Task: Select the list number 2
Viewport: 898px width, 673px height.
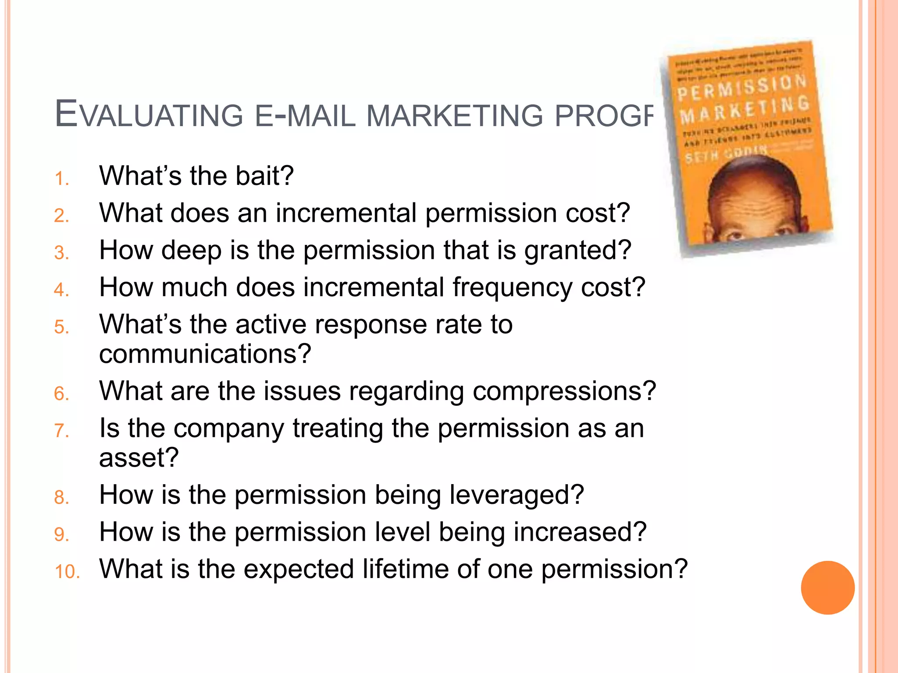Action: (62, 216)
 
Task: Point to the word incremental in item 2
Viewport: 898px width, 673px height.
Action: (346, 213)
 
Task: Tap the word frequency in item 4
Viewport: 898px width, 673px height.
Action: (512, 287)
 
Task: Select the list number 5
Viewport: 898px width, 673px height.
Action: (62, 327)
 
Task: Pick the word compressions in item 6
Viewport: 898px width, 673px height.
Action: (558, 391)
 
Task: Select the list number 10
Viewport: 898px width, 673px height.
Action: (67, 572)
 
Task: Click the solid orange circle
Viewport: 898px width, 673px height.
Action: (827, 588)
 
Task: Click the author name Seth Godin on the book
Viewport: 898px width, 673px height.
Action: (726, 154)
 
